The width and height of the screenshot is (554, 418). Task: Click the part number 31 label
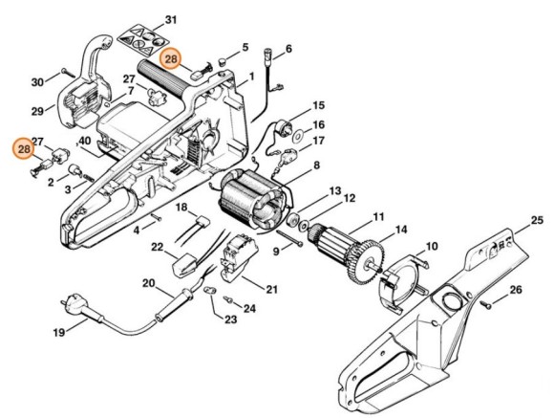click(x=171, y=20)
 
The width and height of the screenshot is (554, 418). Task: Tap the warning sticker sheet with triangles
click(x=141, y=40)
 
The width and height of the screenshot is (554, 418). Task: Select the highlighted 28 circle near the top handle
click(x=171, y=58)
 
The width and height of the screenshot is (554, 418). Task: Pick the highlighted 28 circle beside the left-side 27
click(x=24, y=149)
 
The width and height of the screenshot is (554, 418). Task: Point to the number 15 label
click(x=318, y=105)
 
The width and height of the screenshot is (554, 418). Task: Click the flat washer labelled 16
click(x=300, y=136)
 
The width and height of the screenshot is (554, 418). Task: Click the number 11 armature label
click(x=379, y=216)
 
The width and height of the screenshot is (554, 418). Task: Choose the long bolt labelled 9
click(x=289, y=238)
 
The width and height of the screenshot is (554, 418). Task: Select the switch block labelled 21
click(x=239, y=255)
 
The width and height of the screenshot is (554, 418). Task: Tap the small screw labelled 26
click(x=485, y=304)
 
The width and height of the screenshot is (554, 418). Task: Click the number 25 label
click(x=537, y=221)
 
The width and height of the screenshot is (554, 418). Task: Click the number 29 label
click(x=38, y=112)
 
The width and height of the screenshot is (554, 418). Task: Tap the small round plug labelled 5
click(x=223, y=61)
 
